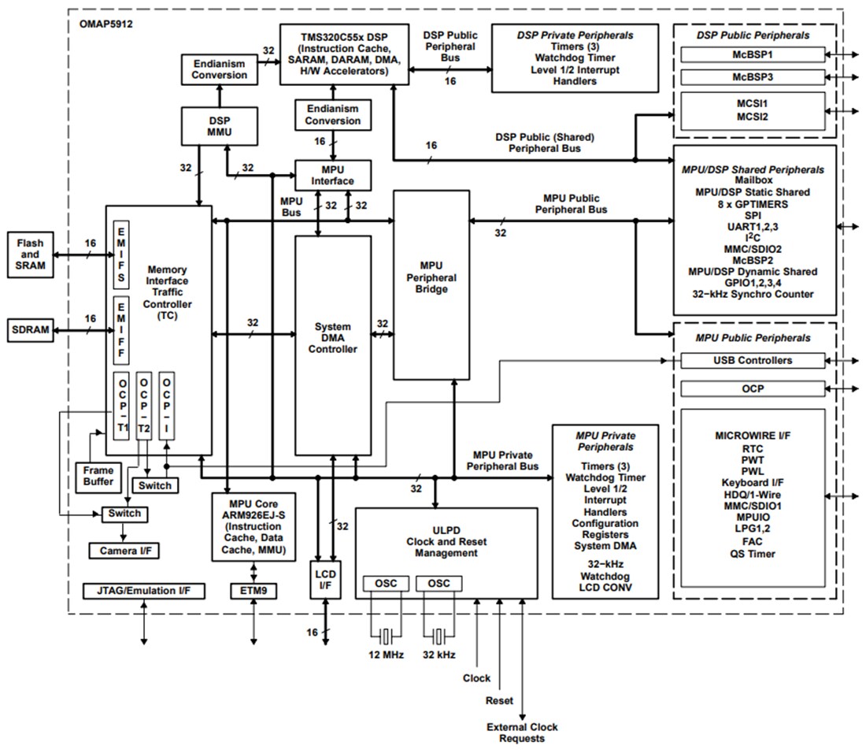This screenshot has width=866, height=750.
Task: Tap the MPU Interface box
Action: [333, 175]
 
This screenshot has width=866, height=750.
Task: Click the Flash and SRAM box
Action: [31, 254]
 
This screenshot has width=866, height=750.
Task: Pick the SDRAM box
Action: [31, 330]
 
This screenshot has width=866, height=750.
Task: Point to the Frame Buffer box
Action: [98, 476]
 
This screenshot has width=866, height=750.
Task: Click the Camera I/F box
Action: [124, 551]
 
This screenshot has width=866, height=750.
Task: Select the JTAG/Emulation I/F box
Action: [143, 590]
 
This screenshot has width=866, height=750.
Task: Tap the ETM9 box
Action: [254, 590]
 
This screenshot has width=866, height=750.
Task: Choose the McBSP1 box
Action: [752, 55]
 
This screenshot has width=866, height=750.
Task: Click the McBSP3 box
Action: [752, 77]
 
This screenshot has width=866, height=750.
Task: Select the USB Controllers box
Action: [752, 360]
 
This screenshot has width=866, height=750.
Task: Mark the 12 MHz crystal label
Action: [387, 655]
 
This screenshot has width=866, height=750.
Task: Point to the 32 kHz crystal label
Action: [439, 655]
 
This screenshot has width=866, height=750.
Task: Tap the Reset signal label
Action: [499, 700]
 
